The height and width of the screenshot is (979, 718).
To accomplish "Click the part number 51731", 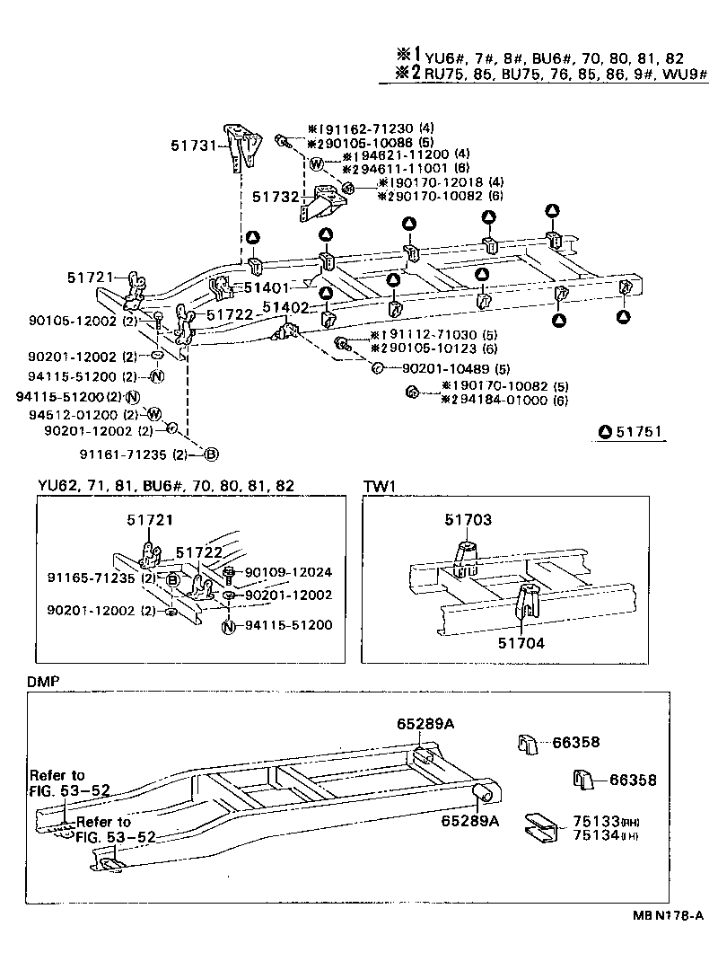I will (193, 144).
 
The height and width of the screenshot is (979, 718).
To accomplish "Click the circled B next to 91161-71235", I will (211, 454).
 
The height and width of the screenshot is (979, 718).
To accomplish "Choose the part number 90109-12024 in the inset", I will (288, 571).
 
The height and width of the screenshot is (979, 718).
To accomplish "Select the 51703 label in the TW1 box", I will (468, 520).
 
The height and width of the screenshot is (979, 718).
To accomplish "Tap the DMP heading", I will (42, 682).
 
